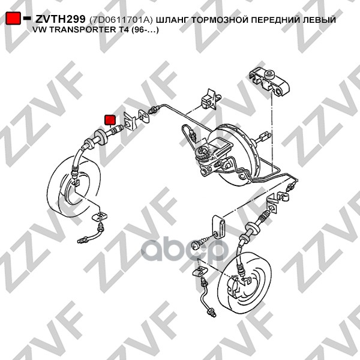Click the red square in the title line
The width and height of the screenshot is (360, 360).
click(x=13, y=18)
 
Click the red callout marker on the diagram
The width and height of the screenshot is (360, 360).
click(x=110, y=121)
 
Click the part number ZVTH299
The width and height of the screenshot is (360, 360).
click(x=60, y=19)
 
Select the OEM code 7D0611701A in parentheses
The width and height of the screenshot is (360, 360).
click(x=121, y=20)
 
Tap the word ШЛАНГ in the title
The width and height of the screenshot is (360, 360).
click(x=172, y=20)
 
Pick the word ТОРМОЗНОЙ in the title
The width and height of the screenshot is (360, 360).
click(x=220, y=20)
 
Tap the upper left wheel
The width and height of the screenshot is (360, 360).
click(x=74, y=187)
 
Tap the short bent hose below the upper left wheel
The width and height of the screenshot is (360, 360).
click(x=91, y=235)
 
